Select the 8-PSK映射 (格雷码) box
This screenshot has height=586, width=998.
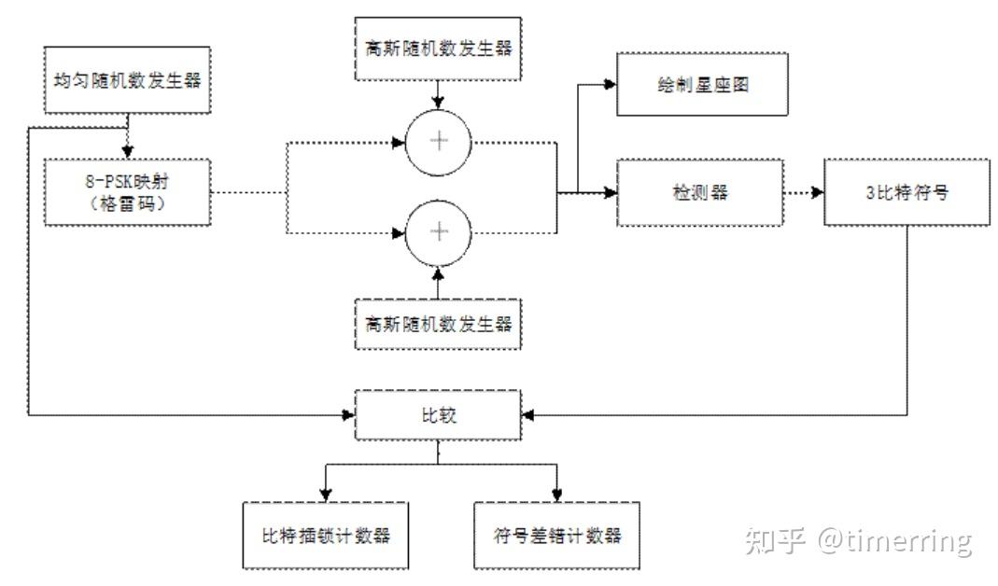tap(128, 192)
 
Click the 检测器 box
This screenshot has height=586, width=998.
tap(698, 193)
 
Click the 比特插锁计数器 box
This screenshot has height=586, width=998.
tap(325, 535)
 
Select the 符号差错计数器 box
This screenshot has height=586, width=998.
tap(557, 535)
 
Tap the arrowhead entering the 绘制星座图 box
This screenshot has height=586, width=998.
tap(611, 84)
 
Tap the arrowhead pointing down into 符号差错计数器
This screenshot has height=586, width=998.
tap(557, 495)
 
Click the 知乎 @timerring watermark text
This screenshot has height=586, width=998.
tap(858, 540)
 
